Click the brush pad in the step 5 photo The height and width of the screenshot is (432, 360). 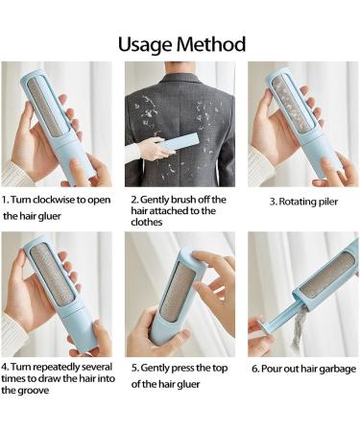(x=177, y=289)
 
